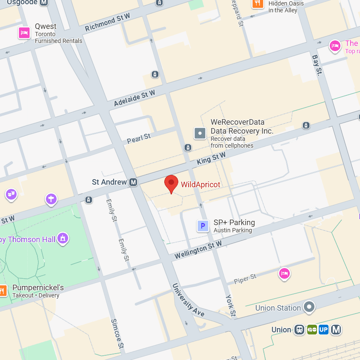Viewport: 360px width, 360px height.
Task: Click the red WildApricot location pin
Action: [x=171, y=183]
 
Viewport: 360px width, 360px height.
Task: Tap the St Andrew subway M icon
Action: [x=133, y=182]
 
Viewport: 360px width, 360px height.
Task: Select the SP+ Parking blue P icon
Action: [x=203, y=226]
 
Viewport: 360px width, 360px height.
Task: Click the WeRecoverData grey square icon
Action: [x=200, y=133]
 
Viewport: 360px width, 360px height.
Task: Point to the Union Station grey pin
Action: [x=309, y=307]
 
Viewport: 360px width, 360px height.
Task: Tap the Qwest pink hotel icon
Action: [x=24, y=33]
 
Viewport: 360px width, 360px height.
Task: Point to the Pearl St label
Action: [x=139, y=138]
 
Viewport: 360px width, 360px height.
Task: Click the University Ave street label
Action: [x=188, y=300]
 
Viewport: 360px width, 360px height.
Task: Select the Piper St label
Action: [x=245, y=279]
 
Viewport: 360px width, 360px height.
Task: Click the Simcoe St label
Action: [x=117, y=333]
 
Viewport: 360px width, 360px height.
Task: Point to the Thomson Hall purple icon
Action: [x=63, y=238]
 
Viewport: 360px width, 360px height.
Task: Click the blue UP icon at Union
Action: [x=323, y=329]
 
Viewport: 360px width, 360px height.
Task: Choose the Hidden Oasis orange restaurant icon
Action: [x=257, y=4]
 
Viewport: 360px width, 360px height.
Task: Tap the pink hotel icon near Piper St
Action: [x=284, y=273]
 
